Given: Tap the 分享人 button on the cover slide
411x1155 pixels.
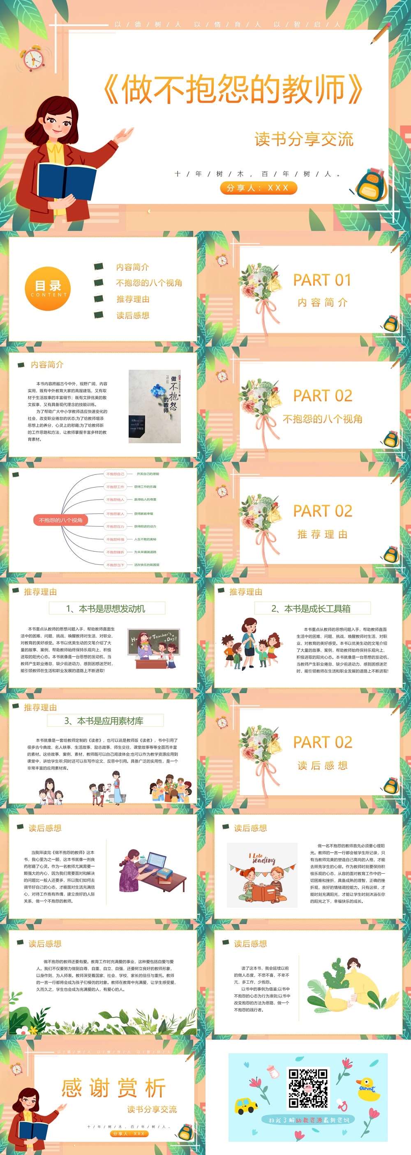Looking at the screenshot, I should click(x=258, y=188).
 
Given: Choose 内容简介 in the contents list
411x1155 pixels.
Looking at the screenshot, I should click(x=132, y=267).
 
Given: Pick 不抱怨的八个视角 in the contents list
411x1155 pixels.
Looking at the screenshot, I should click(x=149, y=283).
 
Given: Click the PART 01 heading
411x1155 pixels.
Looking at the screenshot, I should click(x=322, y=280).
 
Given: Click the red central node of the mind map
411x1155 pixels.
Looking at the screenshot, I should click(x=60, y=520).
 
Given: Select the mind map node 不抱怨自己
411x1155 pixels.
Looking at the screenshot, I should click(x=115, y=474).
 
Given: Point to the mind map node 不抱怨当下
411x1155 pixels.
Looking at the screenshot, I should click(x=115, y=565).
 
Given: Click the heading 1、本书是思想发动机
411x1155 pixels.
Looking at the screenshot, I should click(x=107, y=608).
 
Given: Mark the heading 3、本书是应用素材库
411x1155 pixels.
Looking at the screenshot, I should click(x=105, y=721).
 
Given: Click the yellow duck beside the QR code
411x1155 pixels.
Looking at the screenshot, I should click(x=367, y=1088).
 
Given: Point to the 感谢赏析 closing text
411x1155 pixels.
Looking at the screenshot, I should click(x=113, y=1088).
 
